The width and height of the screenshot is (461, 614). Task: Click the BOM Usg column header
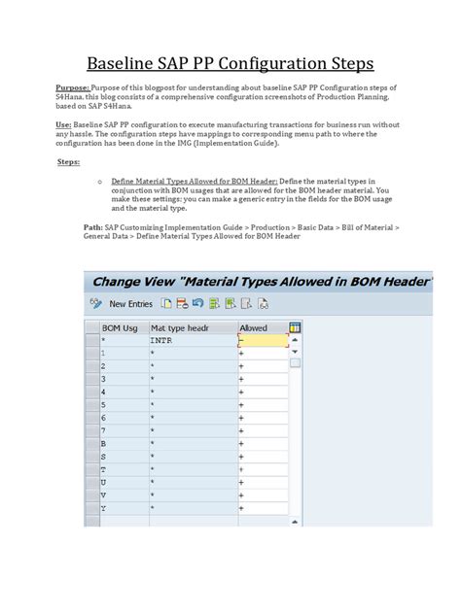click(x=120, y=328)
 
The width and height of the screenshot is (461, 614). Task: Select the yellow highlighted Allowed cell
click(x=263, y=341)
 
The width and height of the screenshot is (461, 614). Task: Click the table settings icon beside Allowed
click(x=295, y=328)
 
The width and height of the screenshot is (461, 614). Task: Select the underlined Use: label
click(x=64, y=125)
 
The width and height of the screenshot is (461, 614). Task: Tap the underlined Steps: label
click(x=68, y=162)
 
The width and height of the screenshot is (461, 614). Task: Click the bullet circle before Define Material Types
click(x=101, y=182)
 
